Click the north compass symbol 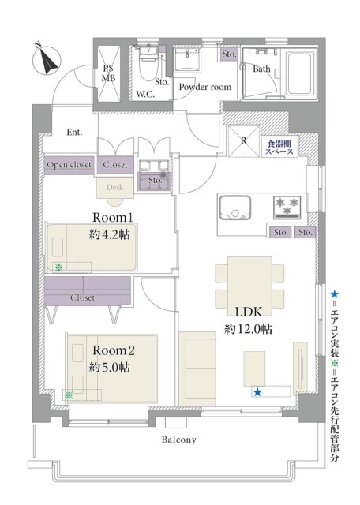click(47, 60)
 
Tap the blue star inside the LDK click(257, 392)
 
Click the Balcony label click(179, 440)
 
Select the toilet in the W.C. click(148, 65)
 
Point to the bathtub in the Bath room click(300, 74)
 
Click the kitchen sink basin click(235, 208)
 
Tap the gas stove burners click(287, 206)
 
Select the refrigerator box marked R click(244, 141)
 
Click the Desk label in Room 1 click(114, 187)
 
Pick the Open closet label click(69, 165)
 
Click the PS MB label click(109, 73)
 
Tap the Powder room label click(205, 87)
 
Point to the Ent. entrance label click(74, 132)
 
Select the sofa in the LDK click(197, 368)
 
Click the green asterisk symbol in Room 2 click(69, 395)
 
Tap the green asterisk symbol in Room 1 click(58, 267)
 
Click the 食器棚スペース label click(279, 148)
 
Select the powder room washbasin click(187, 60)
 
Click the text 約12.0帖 click(249, 329)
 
